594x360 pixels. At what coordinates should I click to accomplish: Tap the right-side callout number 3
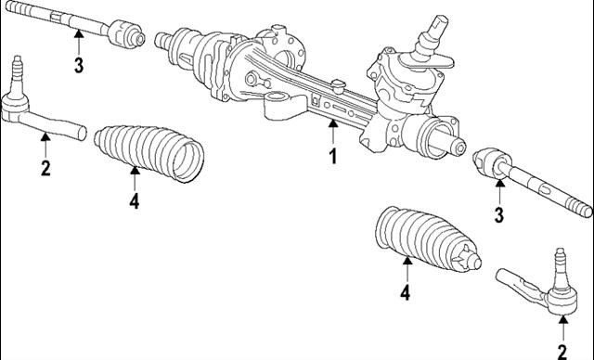pyautogui.click(x=498, y=217)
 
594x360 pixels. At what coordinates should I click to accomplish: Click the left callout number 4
pyautogui.click(x=135, y=200)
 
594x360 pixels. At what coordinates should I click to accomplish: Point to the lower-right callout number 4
pyautogui.click(x=406, y=293)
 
